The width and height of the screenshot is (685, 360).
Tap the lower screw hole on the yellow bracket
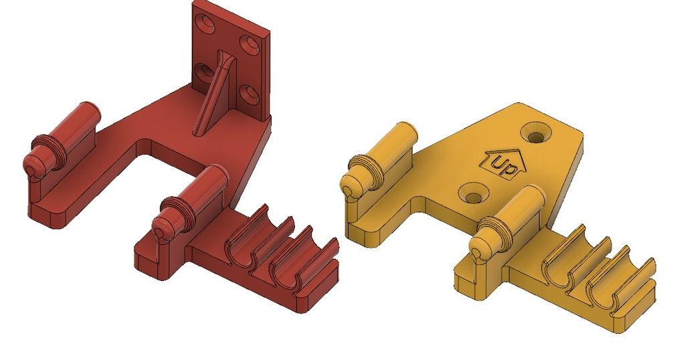click(x=474, y=197)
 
